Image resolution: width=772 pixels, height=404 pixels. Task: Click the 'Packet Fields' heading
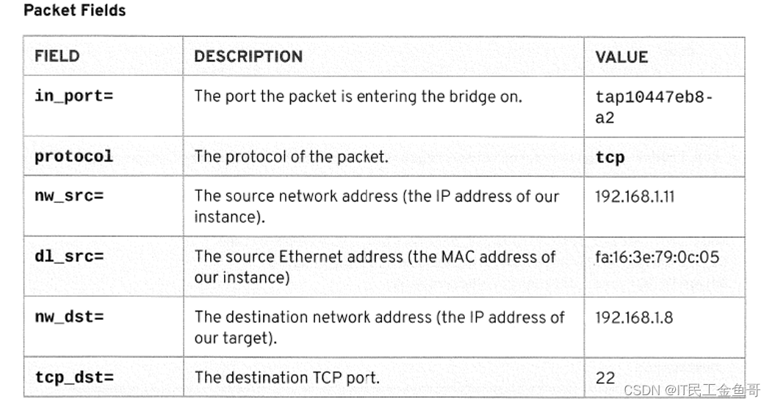pos(74,10)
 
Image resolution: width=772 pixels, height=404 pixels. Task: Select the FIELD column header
pos(57,57)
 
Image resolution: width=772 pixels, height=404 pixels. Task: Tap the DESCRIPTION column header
pos(248,57)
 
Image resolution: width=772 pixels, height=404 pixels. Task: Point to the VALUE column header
pos(621,57)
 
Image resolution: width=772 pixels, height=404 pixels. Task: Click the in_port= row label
pos(73,96)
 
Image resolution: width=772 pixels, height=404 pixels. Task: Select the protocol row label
pos(73,156)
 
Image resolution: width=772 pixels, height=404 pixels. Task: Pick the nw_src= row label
pos(69,197)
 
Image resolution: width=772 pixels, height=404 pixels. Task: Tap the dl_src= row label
pos(69,257)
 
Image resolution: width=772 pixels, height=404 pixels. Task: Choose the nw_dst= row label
pos(69,317)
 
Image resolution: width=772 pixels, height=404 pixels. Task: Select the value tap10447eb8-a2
pos(653,107)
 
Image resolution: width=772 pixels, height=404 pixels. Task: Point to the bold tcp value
pos(610,157)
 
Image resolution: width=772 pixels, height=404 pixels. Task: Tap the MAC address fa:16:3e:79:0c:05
pos(657,257)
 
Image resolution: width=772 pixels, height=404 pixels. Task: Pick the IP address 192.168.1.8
pos(633,317)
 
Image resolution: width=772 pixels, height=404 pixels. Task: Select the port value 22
pos(605,378)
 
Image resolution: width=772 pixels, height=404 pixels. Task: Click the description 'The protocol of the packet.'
pos(291,156)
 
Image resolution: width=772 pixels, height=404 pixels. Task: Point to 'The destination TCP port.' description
pos(286,378)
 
